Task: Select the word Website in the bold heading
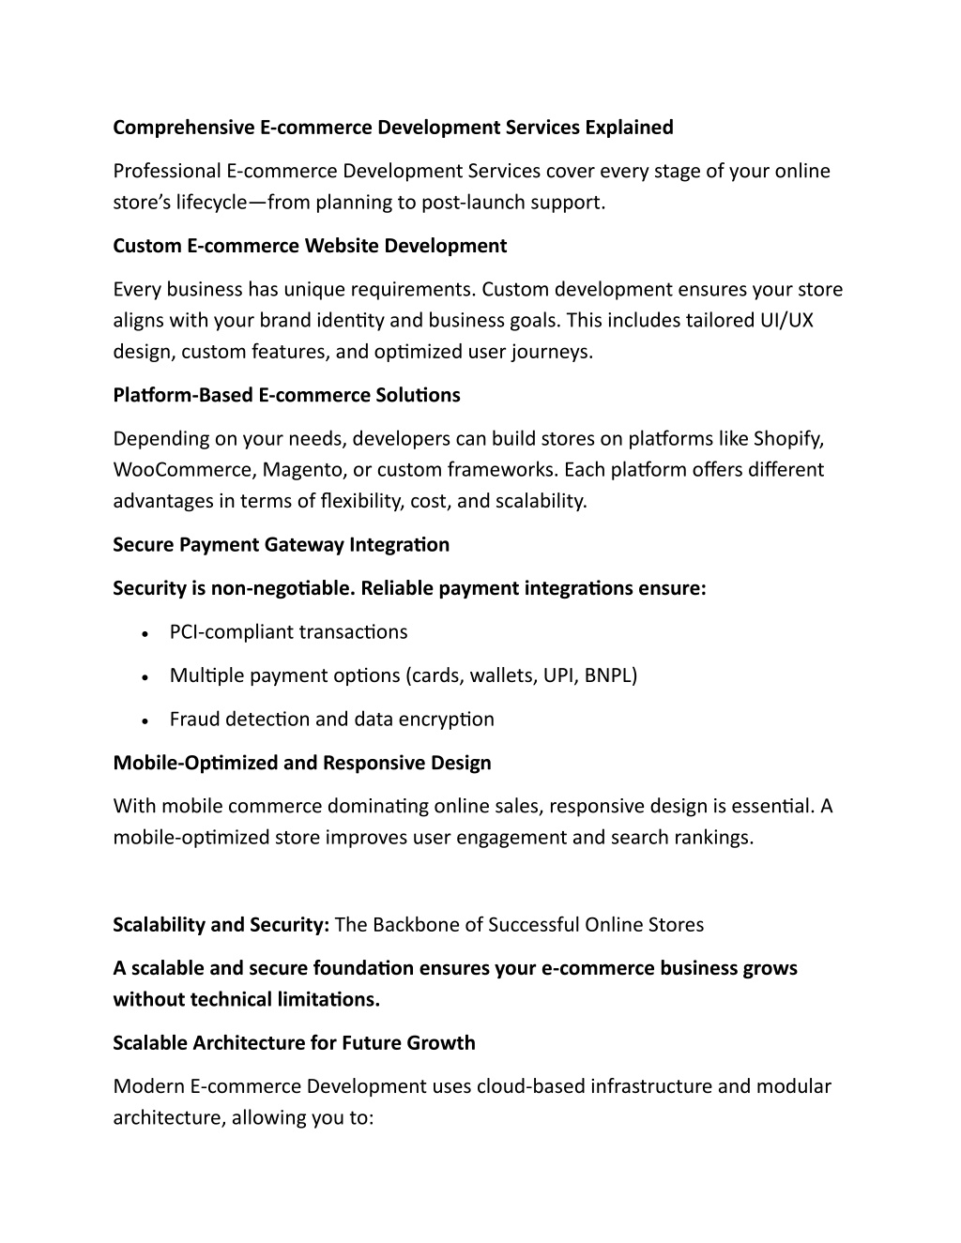pyautogui.click(x=342, y=246)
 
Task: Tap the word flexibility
pyautogui.click(x=359, y=501)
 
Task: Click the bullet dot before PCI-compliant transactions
pyautogui.click(x=145, y=634)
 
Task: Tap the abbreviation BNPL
pyautogui.click(x=610, y=675)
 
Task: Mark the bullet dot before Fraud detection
pyautogui.click(x=145, y=721)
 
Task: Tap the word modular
pyautogui.click(x=794, y=1086)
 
